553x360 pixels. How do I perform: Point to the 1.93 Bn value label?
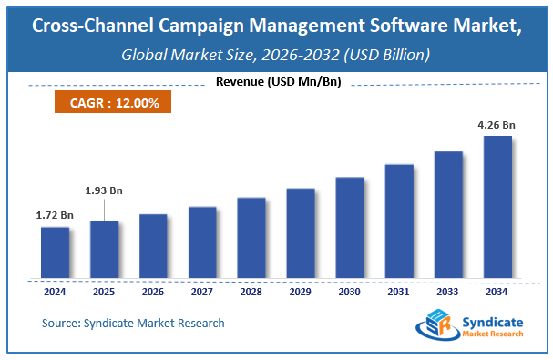click(105, 190)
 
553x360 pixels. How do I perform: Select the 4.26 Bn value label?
click(497, 125)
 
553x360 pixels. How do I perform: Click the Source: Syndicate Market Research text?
click(133, 323)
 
